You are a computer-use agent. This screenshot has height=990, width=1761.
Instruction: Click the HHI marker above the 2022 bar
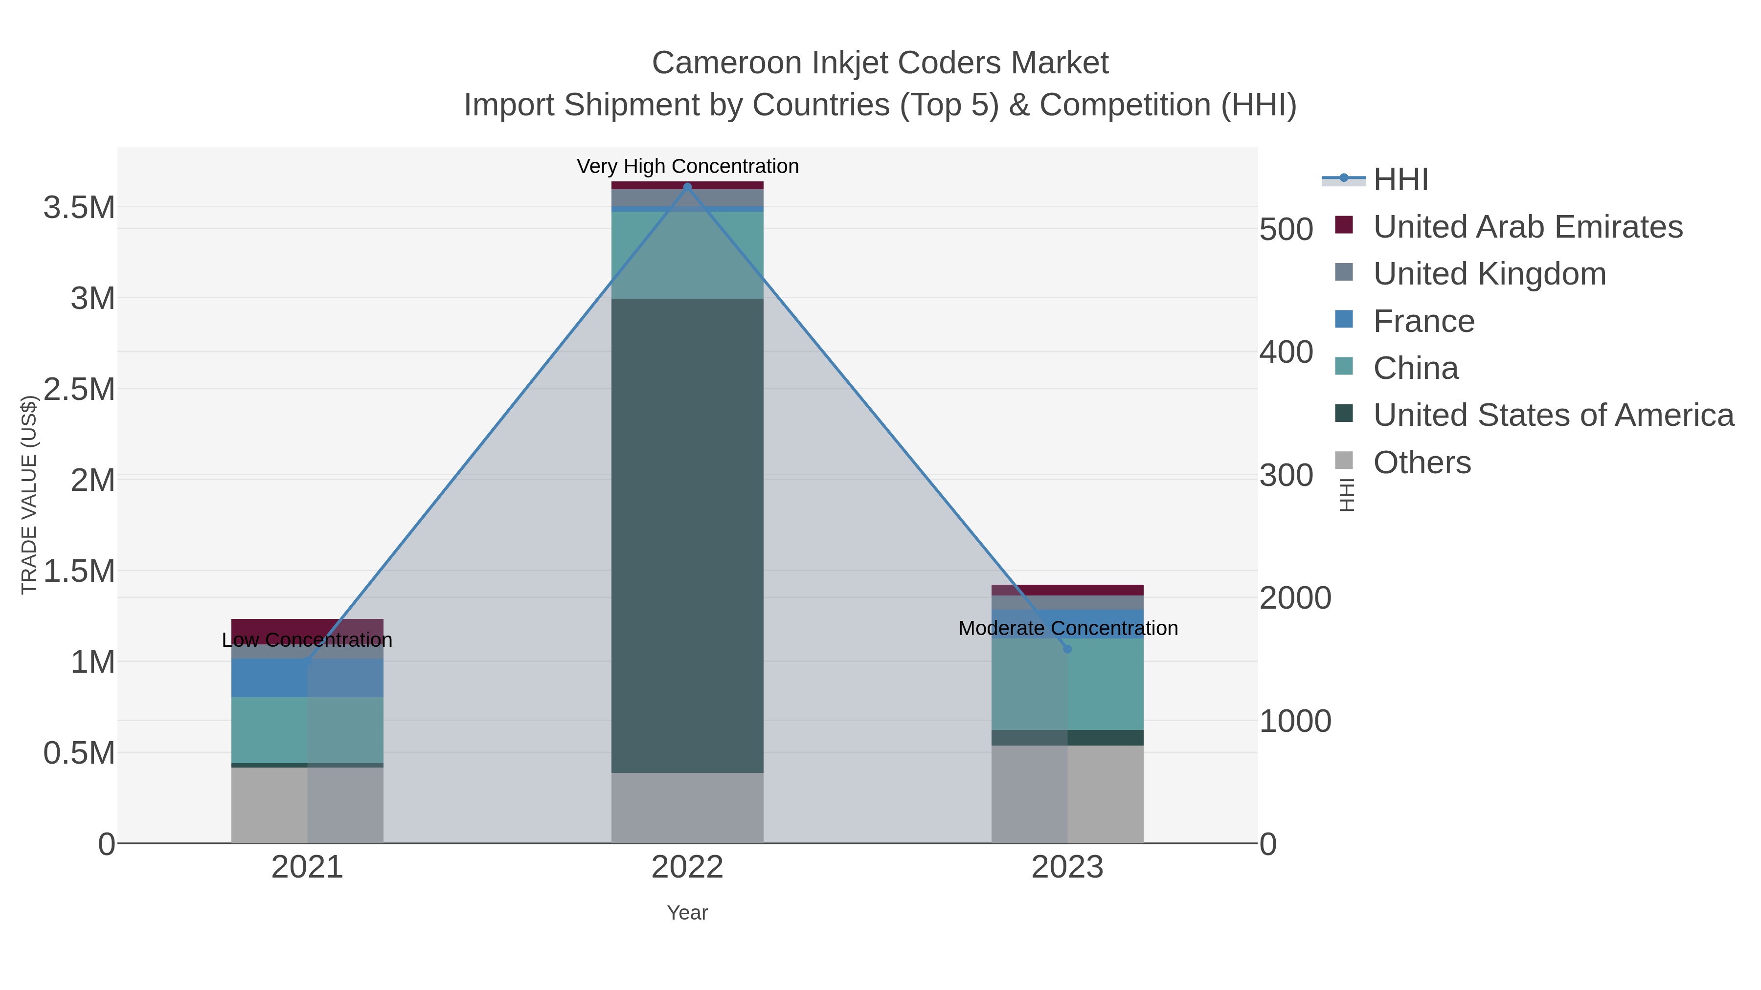click(x=687, y=187)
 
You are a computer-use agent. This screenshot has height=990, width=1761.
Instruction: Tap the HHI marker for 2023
click(x=1067, y=648)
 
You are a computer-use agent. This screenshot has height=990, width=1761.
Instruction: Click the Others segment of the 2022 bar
click(x=687, y=808)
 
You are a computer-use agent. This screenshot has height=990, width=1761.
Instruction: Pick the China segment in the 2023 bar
click(x=1067, y=684)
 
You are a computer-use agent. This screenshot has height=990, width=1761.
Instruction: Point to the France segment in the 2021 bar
click(x=307, y=678)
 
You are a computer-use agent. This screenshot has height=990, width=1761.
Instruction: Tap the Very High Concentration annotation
click(x=687, y=166)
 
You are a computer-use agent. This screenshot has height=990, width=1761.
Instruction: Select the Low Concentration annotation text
click(x=307, y=640)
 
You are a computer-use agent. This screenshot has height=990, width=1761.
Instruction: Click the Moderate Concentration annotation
click(x=1068, y=628)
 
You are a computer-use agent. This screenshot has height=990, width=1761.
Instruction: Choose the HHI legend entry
click(x=1400, y=180)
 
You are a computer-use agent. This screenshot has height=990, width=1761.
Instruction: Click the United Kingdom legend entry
click(x=1489, y=274)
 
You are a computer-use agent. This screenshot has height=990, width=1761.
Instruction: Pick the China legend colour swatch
click(x=1343, y=367)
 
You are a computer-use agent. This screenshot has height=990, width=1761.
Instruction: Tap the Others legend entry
click(x=1422, y=462)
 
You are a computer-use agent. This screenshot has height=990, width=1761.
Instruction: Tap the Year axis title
click(x=687, y=913)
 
